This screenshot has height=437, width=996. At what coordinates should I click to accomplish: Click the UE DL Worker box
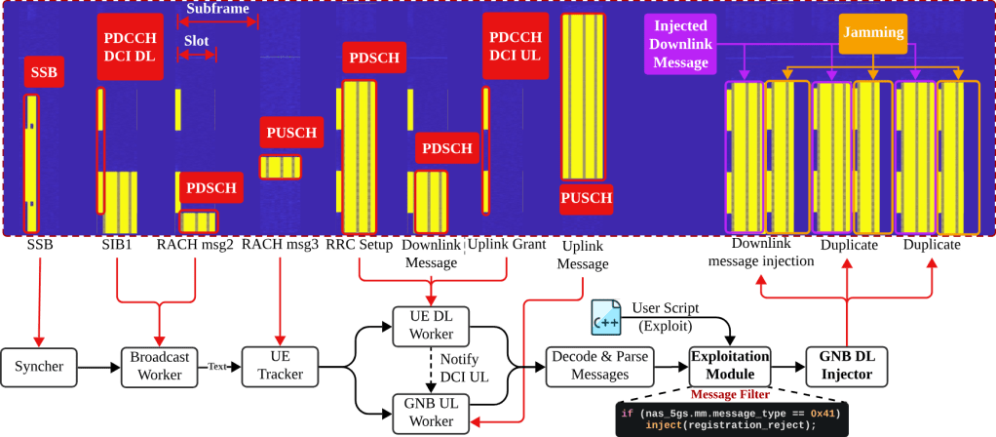click(429, 325)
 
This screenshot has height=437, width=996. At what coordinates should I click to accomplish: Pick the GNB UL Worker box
click(429, 412)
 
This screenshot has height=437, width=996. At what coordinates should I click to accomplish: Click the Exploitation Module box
click(730, 366)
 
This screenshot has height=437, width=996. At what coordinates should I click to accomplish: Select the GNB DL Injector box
click(846, 366)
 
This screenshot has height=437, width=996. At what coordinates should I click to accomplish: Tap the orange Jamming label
click(872, 33)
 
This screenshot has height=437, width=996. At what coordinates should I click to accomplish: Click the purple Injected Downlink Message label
click(680, 44)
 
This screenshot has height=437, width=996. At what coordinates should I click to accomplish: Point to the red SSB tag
click(43, 73)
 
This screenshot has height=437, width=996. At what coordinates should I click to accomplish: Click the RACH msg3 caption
click(281, 245)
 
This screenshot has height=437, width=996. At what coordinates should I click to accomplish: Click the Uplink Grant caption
click(508, 245)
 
